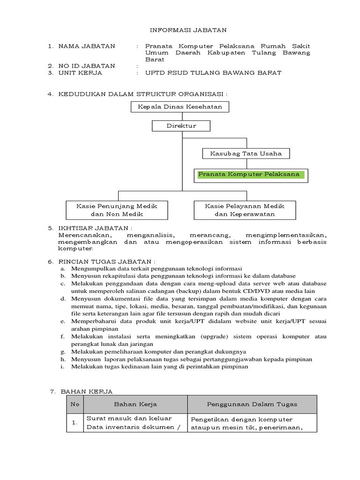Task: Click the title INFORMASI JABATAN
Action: (182, 30)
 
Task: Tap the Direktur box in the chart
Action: (181, 126)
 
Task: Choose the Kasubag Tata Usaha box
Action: (246, 153)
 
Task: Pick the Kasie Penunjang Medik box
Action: (117, 210)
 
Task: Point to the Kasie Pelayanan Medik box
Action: (244, 210)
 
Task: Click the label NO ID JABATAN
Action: (87, 66)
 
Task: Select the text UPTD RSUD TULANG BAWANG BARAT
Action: (213, 73)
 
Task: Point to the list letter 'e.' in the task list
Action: (62, 322)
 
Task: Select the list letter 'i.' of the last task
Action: (62, 367)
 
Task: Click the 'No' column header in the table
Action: (75, 404)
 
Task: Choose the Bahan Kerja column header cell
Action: (135, 404)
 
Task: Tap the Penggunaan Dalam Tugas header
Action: (252, 404)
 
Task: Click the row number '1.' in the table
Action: (75, 422)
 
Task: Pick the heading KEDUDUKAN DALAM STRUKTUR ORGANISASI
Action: (142, 94)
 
